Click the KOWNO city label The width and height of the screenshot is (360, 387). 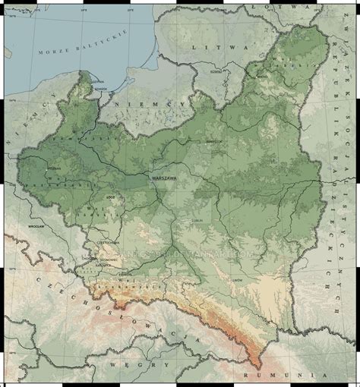point(217,72)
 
